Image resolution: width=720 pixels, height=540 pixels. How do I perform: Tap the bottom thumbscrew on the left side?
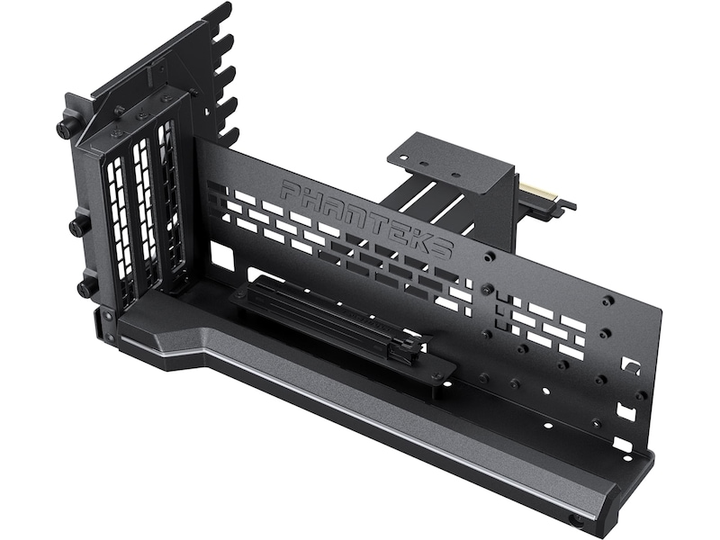[x=87, y=287]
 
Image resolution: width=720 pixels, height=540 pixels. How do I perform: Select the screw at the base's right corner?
[x=576, y=520]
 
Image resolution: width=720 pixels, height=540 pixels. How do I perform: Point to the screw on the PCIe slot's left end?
[x=241, y=296]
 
